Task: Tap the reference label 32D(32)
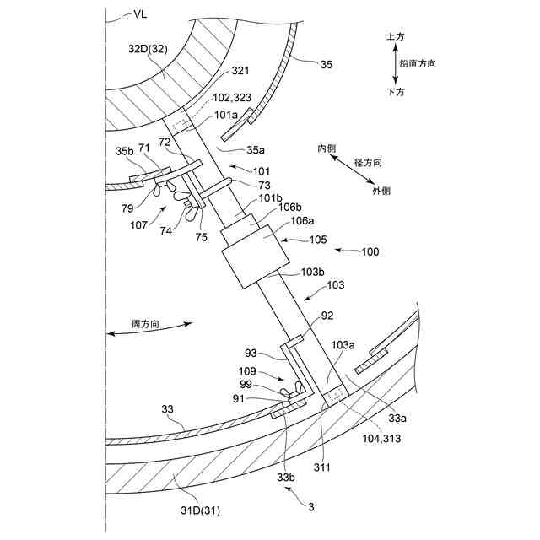(148, 50)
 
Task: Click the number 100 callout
(370, 251)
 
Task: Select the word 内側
(327, 148)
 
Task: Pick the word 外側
(381, 192)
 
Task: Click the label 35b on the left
(124, 152)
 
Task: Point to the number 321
(240, 71)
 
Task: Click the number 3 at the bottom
(311, 506)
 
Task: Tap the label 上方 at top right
(395, 37)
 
